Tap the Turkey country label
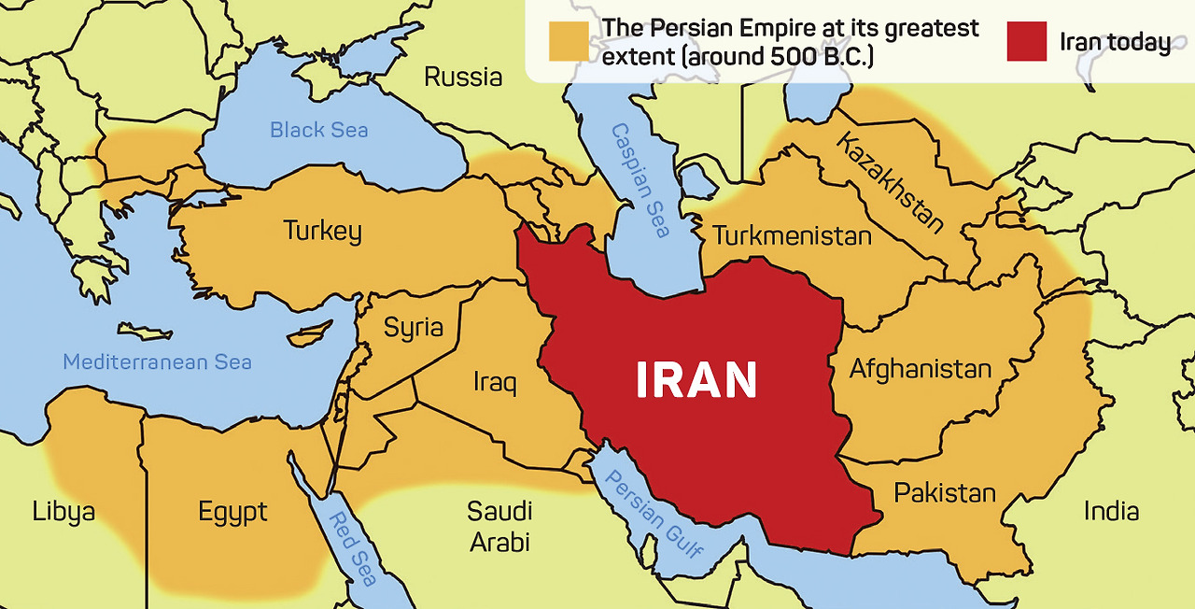point(322,231)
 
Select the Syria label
point(414,327)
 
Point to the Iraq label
point(495,382)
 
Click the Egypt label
point(232,513)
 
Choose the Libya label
point(63,512)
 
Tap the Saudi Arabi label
point(499,526)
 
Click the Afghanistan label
point(920,369)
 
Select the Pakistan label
point(945,492)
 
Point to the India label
point(1111,511)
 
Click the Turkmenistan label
point(792,234)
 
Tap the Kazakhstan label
point(890,182)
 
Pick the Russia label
point(463,77)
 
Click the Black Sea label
point(319,130)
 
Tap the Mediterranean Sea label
point(157,361)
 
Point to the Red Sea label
point(352,547)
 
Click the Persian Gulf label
point(654,513)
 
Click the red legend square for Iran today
point(1026,41)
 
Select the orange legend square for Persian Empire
point(569,41)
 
